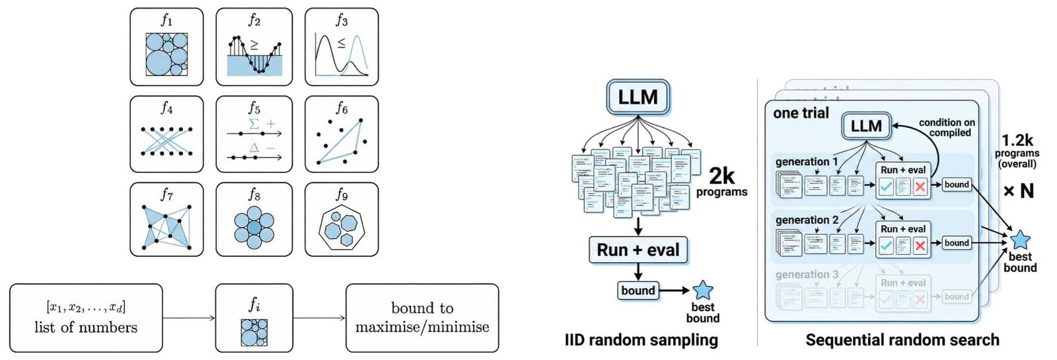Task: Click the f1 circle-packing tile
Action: [x=166, y=47]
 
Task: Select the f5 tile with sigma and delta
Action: [x=254, y=134]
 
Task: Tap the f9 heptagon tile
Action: [x=342, y=219]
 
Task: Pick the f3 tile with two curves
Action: [x=342, y=47]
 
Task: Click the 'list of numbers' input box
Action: [x=86, y=318]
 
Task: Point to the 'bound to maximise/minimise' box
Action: [x=422, y=318]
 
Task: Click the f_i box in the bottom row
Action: [x=254, y=318]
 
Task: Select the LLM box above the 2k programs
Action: [x=638, y=97]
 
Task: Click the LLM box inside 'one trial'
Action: [x=866, y=126]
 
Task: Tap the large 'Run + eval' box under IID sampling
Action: [x=638, y=250]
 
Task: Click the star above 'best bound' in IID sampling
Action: [x=702, y=290]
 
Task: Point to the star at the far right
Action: [x=1020, y=240]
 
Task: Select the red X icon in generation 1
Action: [x=920, y=187]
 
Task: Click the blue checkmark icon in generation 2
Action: [x=886, y=246]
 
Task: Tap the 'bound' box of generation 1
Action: [x=957, y=184]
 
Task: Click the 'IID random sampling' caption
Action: [x=641, y=340]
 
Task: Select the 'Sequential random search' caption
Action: [x=902, y=340]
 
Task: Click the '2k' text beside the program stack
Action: [x=721, y=176]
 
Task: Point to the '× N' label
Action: [x=1018, y=192]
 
